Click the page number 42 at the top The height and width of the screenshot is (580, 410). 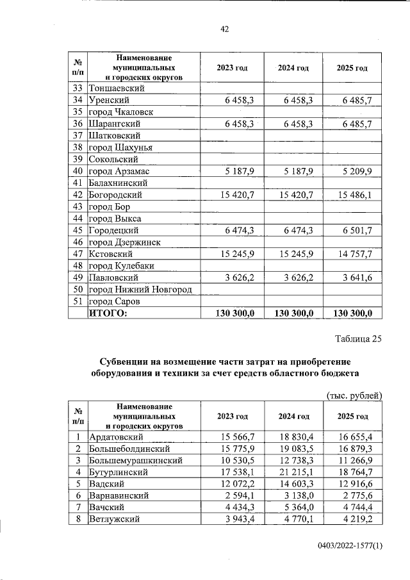pyautogui.click(x=224, y=29)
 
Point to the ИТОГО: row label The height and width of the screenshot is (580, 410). pyautogui.click(x=108, y=313)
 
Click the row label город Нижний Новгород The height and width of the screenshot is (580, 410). pyautogui.click(x=141, y=290)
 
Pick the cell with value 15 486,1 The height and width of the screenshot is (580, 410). pyautogui.click(x=355, y=195)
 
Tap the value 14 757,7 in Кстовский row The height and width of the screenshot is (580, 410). pyautogui.click(x=355, y=254)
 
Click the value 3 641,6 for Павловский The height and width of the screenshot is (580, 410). pyautogui.click(x=357, y=278)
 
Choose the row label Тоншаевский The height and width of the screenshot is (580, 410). pyautogui.click(x=117, y=88)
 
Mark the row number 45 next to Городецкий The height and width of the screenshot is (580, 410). pyautogui.click(x=78, y=230)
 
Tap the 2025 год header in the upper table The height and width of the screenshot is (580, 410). pyautogui.click(x=352, y=68)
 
